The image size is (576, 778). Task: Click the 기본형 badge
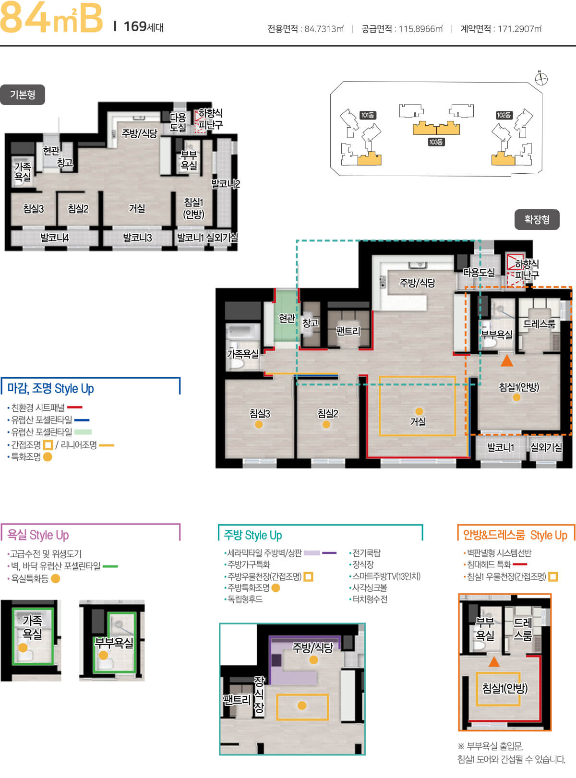coord(23,95)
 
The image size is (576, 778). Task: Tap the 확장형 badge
coord(537,220)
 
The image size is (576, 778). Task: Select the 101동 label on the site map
coord(368,115)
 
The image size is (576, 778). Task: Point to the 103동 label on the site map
coord(436,142)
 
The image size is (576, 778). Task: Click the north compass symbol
coord(541,79)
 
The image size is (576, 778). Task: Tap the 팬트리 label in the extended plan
coord(348,331)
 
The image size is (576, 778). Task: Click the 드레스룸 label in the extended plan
coord(539,323)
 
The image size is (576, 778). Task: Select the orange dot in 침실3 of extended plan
coord(259,424)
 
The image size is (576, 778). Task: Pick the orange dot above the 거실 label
coord(419,411)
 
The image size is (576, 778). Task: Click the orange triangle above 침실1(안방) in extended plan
coord(507,361)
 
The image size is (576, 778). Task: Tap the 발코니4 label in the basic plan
coord(55,238)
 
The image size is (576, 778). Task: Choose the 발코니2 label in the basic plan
coord(225,184)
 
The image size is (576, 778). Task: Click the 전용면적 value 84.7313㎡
coord(324,29)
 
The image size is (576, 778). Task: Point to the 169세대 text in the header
coord(144,27)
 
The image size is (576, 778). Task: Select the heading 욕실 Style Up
coord(38,535)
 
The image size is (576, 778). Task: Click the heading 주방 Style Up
coord(253,535)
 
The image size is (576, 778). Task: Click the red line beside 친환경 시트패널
coord(75,407)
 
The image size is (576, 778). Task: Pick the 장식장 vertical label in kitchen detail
coord(259,694)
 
